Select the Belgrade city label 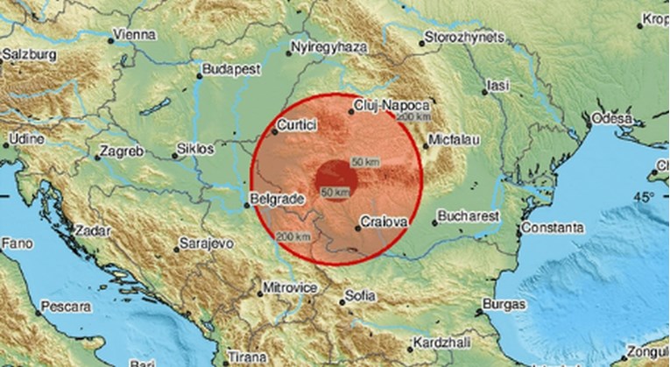click(277, 200)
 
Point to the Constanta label click(547, 228)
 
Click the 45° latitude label click(645, 196)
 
